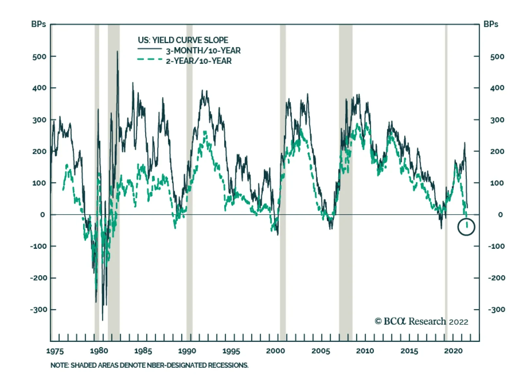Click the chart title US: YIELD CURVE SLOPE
pyautogui.click(x=183, y=40)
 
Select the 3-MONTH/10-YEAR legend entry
pyautogui.click(x=203, y=50)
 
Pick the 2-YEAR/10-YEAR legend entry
pyautogui.click(x=198, y=61)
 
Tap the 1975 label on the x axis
pyautogui.click(x=55, y=351)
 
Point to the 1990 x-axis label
pyautogui.click(x=187, y=351)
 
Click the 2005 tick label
pyautogui.click(x=320, y=351)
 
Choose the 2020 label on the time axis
pyautogui.click(x=453, y=351)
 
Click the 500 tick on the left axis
pyautogui.click(x=39, y=57)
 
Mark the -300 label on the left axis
pyautogui.click(x=39, y=309)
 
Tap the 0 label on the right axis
pyautogui.click(x=500, y=215)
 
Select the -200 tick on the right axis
pyautogui.click(x=497, y=278)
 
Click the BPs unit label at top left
pyautogui.click(x=39, y=24)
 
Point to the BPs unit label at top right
pyautogui.click(x=491, y=24)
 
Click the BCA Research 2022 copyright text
pyautogui.click(x=421, y=322)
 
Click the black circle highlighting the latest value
pyautogui.click(x=466, y=227)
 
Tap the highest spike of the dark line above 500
pyautogui.click(x=117, y=52)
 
